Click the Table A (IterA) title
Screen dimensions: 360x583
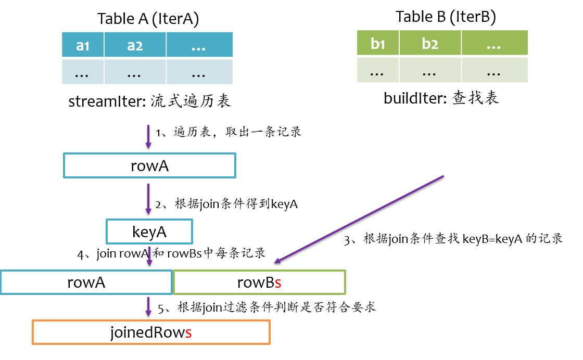click(x=148, y=19)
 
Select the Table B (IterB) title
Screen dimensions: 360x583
click(x=446, y=17)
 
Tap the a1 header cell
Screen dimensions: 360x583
click(x=83, y=46)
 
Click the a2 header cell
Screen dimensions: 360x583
click(x=135, y=46)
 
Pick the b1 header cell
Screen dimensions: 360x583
click(x=378, y=43)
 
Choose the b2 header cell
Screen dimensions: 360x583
click(x=429, y=43)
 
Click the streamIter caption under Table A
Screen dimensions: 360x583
click(x=149, y=101)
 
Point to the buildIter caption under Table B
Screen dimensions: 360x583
click(x=441, y=98)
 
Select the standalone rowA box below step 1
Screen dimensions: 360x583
click(x=149, y=165)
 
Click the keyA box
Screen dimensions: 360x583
click(x=149, y=232)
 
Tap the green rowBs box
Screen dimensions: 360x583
click(x=259, y=282)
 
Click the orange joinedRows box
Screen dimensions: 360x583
click(x=151, y=331)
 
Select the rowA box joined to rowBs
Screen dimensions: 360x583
click(x=86, y=282)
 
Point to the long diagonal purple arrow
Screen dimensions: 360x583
click(x=359, y=218)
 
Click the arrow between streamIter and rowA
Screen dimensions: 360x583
click(x=148, y=136)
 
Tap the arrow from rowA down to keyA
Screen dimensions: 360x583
click(x=148, y=198)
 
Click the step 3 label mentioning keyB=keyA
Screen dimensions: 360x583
click(x=453, y=239)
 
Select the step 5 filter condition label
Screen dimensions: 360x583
click(x=267, y=307)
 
